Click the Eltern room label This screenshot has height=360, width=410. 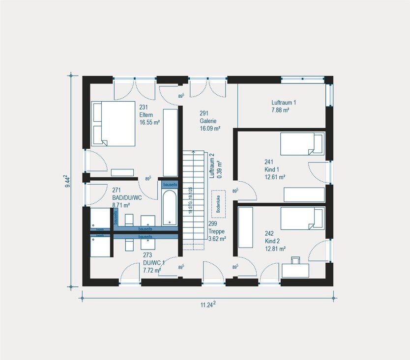(x=146, y=115)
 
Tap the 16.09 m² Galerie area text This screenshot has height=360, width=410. (x=210, y=128)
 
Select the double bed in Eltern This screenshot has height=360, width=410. (x=113, y=123)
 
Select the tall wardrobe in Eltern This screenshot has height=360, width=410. (x=170, y=142)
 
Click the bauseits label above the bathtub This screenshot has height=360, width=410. (x=170, y=184)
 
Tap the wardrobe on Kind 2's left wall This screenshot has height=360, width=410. (x=245, y=228)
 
